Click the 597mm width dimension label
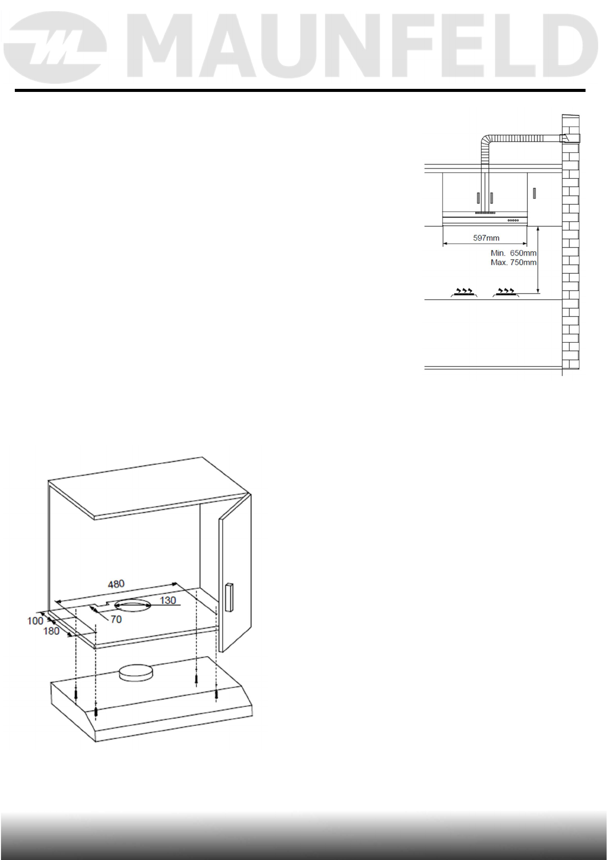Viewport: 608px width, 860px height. [x=486, y=238]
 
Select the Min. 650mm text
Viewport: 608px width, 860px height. [x=513, y=253]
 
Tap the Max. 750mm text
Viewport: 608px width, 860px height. [x=513, y=262]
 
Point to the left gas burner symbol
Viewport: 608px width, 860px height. [x=464, y=292]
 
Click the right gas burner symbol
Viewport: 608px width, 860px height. [x=505, y=292]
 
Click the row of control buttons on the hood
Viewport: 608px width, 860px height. [x=517, y=220]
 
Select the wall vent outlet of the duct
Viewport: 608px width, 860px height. [x=564, y=138]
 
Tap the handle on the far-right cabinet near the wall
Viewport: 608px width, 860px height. [x=534, y=194]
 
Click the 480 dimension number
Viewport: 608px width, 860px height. [x=116, y=584]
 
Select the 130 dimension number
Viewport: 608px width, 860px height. [x=168, y=601]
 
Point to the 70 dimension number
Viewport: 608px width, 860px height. [x=116, y=619]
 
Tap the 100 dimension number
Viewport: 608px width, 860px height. [x=35, y=621]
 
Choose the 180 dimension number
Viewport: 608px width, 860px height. [x=52, y=631]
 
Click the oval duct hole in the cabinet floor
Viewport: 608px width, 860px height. [x=132, y=606]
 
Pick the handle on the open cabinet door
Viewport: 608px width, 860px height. [x=228, y=597]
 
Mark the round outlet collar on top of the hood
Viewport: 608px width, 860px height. [x=135, y=673]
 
